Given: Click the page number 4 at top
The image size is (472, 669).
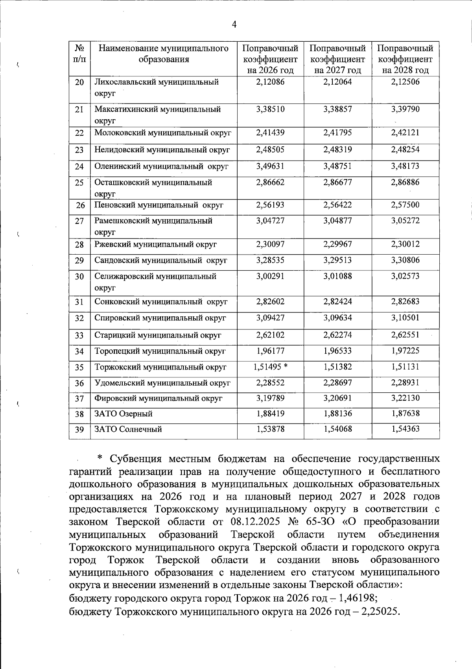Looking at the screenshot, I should click(234, 25).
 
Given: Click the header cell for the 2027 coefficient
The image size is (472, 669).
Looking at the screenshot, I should click(337, 59).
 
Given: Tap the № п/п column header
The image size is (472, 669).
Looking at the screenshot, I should click(79, 54).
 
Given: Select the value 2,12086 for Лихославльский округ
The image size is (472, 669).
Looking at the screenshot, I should click(270, 82).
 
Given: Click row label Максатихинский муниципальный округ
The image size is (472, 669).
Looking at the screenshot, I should click(157, 115).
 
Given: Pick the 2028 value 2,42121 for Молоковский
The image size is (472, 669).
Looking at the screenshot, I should click(405, 133).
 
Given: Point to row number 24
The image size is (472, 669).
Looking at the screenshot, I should click(79, 166).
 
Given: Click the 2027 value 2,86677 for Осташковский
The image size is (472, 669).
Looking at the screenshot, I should click(338, 182).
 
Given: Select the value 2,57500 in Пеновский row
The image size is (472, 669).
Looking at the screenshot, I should click(405, 205).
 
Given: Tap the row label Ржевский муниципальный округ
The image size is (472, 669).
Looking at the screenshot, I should click(155, 244).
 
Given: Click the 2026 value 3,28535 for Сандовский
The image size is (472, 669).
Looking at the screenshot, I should click(270, 260).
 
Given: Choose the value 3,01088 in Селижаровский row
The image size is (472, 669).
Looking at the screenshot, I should click(338, 276).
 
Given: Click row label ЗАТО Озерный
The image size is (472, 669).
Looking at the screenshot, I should click(124, 414).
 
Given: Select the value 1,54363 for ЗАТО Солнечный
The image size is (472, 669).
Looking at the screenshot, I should click(405, 429).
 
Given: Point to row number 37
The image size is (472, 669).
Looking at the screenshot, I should click(79, 399).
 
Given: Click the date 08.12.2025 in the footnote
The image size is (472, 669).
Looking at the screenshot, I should click(254, 522).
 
